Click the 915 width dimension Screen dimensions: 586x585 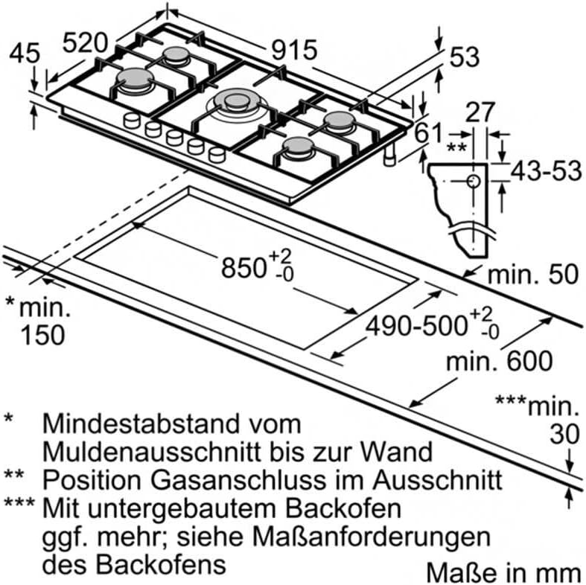click(x=295, y=50)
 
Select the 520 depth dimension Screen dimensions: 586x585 click(x=85, y=42)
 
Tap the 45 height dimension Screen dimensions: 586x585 click(x=25, y=54)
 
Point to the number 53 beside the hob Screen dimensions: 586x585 click(x=465, y=57)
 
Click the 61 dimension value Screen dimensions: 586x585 click(x=427, y=132)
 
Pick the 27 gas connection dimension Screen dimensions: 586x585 click(x=480, y=112)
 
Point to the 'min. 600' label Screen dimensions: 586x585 click(x=499, y=361)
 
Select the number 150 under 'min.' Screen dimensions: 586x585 click(x=43, y=335)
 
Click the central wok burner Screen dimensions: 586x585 click(x=236, y=103)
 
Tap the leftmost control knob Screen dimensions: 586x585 click(x=132, y=121)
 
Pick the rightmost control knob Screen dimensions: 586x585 click(x=217, y=154)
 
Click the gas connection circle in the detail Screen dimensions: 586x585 click(x=474, y=182)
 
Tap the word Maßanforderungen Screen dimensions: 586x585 click(x=371, y=537)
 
